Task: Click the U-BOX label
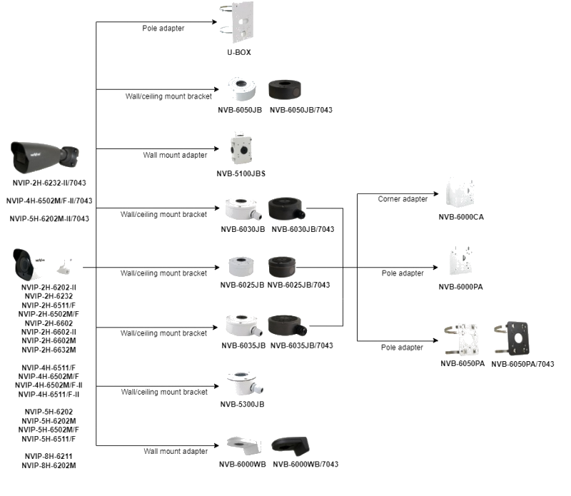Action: pos(239,53)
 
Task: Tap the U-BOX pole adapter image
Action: pos(239,24)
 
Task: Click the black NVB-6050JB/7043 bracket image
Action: pos(289,91)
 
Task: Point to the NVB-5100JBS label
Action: pos(241,173)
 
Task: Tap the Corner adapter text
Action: pos(403,199)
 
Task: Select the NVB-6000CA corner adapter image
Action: pos(462,195)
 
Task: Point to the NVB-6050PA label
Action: pos(463,363)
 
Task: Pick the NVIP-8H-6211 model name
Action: pos(49,456)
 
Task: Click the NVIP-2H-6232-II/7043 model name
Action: pos(49,183)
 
